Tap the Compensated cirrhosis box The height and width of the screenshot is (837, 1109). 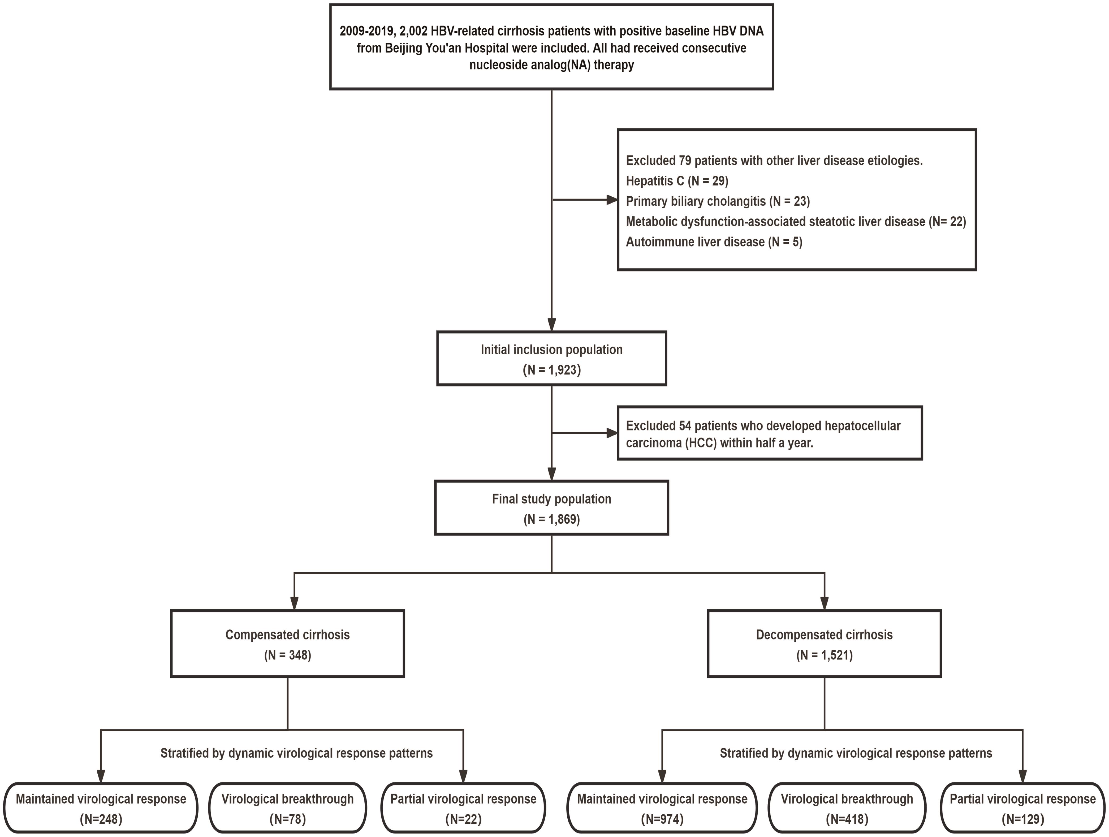(x=287, y=644)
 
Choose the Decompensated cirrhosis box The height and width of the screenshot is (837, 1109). (x=824, y=644)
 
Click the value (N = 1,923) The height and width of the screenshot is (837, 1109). (x=551, y=370)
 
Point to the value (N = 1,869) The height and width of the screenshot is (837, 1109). (x=551, y=519)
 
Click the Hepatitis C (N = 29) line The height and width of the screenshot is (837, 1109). (x=677, y=181)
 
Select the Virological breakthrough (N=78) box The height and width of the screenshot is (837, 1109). (x=287, y=808)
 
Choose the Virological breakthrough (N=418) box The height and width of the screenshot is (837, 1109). (x=847, y=808)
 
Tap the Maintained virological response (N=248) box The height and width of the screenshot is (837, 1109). (x=101, y=808)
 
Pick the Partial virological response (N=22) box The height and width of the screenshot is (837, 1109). (x=463, y=808)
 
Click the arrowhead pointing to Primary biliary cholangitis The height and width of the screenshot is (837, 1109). (x=612, y=200)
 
